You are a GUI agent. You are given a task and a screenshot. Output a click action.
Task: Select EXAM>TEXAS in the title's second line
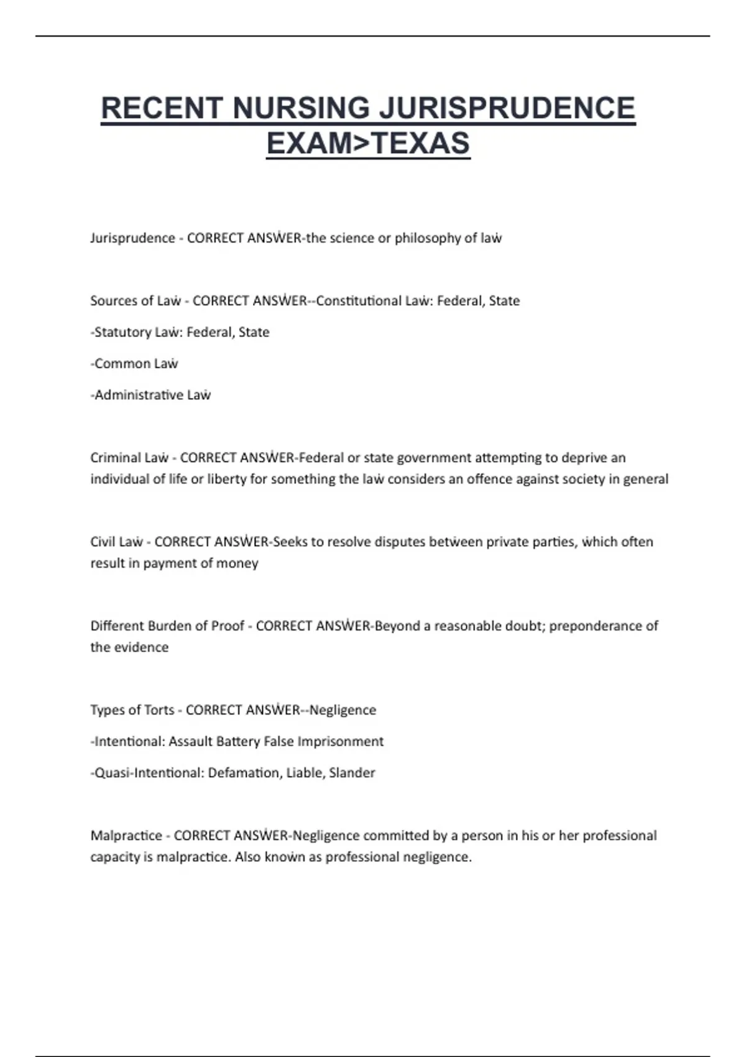(368, 144)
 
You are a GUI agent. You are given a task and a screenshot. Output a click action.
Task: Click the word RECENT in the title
(162, 108)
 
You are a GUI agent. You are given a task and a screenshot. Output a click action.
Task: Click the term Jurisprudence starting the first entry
(132, 238)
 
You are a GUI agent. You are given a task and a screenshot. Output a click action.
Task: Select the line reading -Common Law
(134, 364)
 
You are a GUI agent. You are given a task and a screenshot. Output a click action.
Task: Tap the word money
(241, 563)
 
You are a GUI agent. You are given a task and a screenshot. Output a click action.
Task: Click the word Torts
(159, 710)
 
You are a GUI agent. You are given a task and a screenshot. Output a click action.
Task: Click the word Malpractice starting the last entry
(126, 836)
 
